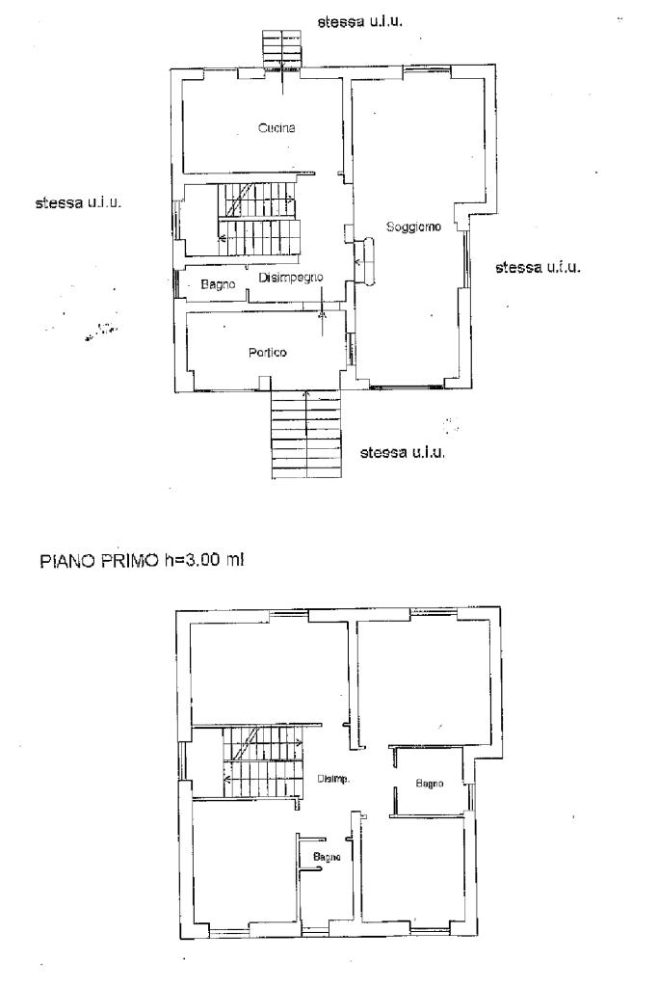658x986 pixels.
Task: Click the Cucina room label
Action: point(276,128)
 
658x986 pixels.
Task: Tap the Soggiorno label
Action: point(413,227)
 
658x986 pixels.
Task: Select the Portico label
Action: point(267,353)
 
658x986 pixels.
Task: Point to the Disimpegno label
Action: point(291,278)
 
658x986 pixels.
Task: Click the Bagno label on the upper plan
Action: point(218,285)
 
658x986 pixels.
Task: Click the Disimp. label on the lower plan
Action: point(333,779)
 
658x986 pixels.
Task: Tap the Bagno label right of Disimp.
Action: point(430,784)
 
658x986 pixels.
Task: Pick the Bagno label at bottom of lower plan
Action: point(327,857)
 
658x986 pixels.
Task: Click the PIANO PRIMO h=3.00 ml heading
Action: point(142,560)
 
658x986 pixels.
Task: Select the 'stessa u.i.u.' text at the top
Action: point(360,22)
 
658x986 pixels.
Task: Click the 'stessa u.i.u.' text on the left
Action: point(78,203)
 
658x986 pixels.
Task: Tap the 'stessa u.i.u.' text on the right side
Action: point(538,267)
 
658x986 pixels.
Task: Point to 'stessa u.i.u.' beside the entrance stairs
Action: point(402,453)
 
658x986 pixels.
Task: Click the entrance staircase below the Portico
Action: point(306,434)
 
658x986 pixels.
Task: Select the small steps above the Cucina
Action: point(282,48)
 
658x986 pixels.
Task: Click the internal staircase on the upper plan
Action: point(258,219)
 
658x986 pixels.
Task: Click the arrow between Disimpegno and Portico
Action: point(323,302)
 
